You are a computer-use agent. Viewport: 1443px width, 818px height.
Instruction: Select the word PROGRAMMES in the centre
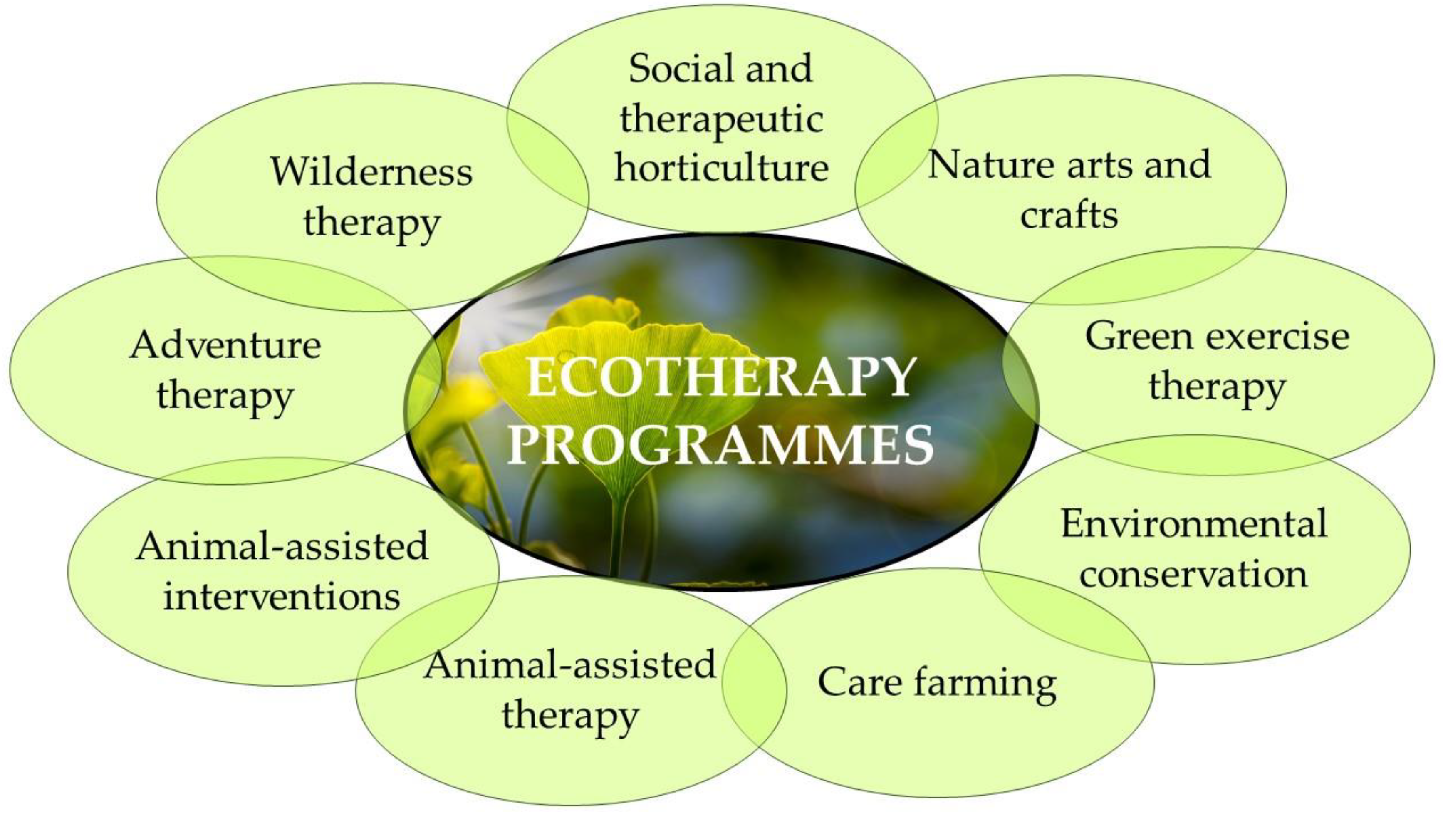[x=720, y=444]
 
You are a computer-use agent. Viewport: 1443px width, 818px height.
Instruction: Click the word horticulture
[x=721, y=167]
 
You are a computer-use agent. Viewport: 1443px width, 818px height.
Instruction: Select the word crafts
[x=1069, y=215]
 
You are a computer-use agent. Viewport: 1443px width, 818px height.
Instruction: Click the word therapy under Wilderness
[x=371, y=223]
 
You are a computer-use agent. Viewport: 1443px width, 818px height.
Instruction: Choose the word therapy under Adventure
[x=225, y=396]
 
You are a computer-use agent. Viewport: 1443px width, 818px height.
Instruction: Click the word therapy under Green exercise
[x=1217, y=388]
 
